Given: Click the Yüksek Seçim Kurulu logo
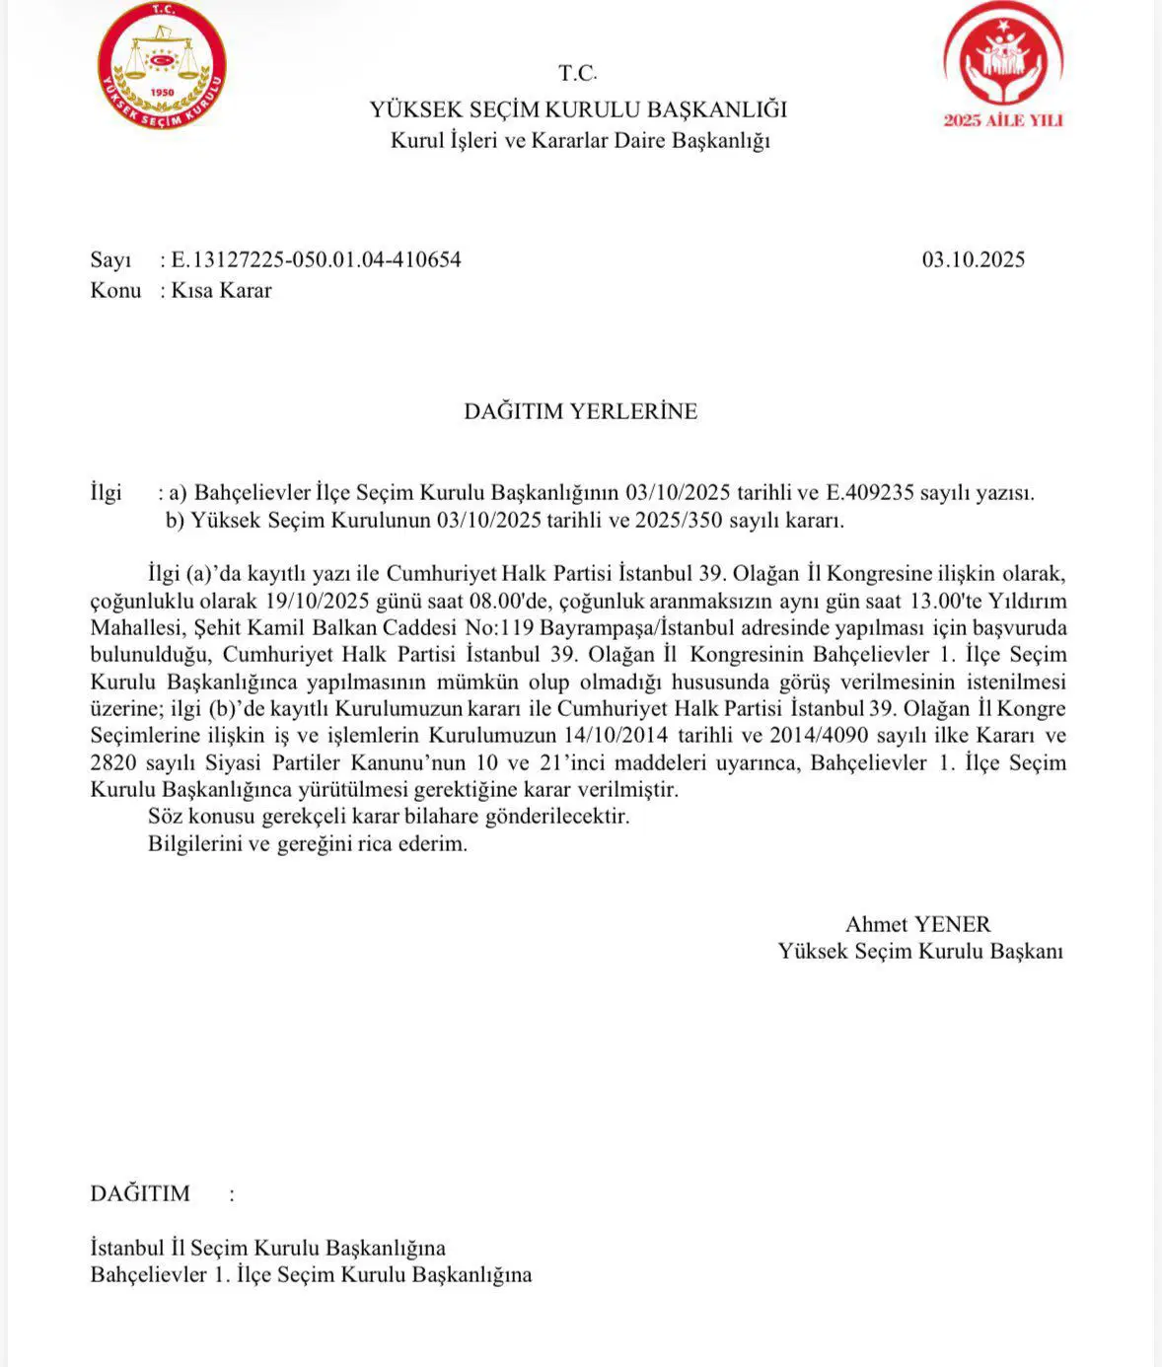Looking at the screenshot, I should tap(163, 66).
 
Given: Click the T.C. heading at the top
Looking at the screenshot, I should tap(578, 73).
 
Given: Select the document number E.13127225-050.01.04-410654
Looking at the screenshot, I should tap(316, 260).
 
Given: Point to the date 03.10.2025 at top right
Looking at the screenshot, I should tap(974, 260).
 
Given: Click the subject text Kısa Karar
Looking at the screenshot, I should tap(221, 291).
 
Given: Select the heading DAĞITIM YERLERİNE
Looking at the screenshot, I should tap(580, 412).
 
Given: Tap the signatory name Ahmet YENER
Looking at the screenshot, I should tap(917, 925).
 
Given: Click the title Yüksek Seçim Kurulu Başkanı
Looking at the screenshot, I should tap(920, 952).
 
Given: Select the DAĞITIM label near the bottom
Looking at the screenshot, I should tap(140, 1193).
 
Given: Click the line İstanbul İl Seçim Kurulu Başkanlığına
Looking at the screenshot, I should tap(267, 1248).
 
